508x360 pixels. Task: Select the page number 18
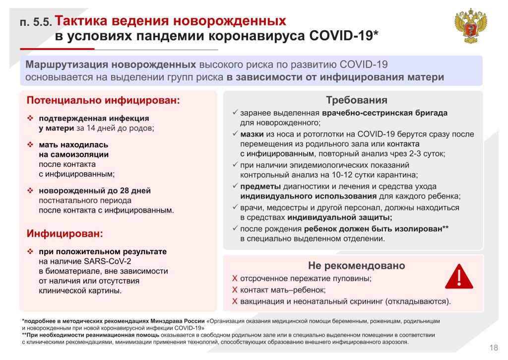click(494, 347)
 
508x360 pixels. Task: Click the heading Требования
click(353, 100)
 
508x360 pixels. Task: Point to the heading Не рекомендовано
click(357, 265)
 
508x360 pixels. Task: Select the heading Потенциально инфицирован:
click(103, 100)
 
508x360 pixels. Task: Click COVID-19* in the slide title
click(343, 36)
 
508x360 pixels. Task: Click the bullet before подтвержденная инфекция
click(30, 118)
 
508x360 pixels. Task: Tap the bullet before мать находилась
click(30, 145)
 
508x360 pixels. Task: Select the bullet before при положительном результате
click(30, 251)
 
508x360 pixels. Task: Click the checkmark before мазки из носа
click(235, 134)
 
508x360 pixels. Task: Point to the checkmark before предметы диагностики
click(235, 186)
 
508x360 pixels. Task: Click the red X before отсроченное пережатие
click(235, 279)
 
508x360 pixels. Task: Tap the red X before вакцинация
click(235, 301)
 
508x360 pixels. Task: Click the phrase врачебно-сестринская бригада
click(384, 113)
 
